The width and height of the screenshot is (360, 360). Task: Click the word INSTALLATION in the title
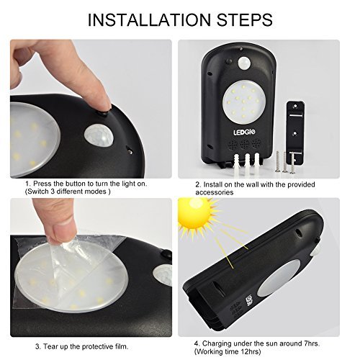149,19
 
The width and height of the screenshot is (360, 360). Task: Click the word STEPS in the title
245,19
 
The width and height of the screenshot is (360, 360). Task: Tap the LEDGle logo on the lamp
241,132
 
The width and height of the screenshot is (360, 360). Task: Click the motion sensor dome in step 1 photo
98,136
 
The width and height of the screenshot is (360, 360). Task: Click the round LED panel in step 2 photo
244,102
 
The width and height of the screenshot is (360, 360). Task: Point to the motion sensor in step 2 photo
244,63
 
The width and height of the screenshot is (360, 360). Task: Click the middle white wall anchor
247,163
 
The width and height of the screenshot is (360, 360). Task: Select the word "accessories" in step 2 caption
215,192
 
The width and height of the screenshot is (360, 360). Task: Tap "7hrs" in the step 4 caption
311,343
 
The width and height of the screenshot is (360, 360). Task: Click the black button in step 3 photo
166,254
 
